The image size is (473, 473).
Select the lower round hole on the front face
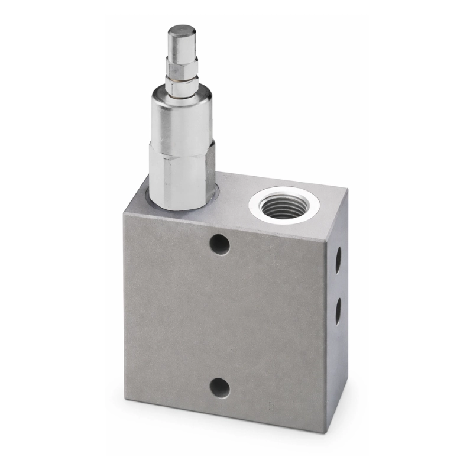point(219,387)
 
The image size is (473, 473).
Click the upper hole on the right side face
point(338,259)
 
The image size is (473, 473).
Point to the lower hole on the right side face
point(338,310)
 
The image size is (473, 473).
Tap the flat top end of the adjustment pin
point(182,30)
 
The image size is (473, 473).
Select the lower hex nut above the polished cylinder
point(181,85)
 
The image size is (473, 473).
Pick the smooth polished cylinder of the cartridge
point(181,118)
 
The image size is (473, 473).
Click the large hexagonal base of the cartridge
point(180,177)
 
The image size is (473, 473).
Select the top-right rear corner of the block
point(348,190)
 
